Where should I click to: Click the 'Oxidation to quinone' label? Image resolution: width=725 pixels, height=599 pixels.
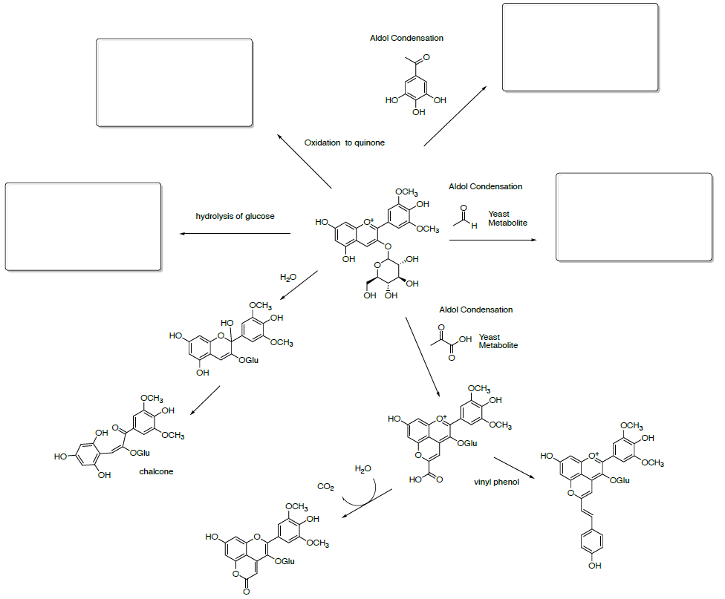click(x=344, y=143)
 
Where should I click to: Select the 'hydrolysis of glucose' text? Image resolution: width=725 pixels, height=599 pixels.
click(x=235, y=216)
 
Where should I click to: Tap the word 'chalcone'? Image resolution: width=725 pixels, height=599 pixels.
click(x=156, y=471)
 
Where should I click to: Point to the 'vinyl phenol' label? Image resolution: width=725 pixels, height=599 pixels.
click(x=496, y=482)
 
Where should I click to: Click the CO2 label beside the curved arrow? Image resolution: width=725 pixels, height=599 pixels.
click(x=325, y=486)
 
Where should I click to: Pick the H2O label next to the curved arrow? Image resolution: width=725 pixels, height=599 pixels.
click(x=363, y=468)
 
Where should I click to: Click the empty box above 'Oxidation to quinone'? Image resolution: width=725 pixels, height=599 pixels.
click(x=175, y=82)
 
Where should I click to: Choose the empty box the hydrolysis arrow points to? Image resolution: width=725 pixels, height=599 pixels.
click(x=83, y=226)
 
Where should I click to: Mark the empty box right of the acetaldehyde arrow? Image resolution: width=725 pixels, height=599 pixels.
click(x=634, y=217)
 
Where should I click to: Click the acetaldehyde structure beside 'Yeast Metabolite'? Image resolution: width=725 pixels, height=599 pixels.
click(x=464, y=219)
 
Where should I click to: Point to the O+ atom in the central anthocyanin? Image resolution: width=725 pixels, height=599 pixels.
click(x=369, y=222)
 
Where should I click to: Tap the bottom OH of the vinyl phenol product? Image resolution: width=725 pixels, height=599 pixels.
click(x=592, y=566)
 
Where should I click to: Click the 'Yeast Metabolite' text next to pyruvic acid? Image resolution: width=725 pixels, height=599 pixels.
click(x=498, y=341)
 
